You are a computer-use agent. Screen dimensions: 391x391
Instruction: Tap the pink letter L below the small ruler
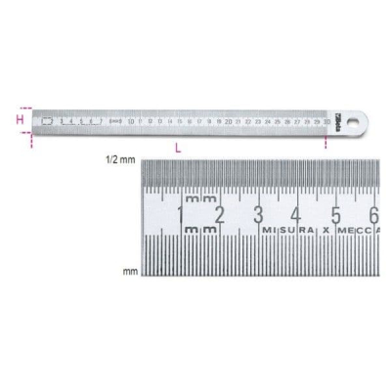(176, 148)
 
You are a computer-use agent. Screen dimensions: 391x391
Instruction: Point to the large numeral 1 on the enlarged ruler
(180, 214)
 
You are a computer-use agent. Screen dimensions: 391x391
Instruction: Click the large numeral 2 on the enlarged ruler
(219, 214)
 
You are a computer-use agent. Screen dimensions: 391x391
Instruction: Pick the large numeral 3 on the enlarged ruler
(257, 214)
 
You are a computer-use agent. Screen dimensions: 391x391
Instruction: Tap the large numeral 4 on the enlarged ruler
(296, 214)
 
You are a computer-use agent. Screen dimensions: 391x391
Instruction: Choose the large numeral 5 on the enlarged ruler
(335, 214)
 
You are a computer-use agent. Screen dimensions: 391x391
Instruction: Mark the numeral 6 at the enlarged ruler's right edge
(373, 214)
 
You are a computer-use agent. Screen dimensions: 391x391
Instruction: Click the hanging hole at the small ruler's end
(364, 122)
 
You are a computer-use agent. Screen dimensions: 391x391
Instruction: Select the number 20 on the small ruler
(228, 123)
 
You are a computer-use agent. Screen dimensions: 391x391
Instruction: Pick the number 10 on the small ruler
(130, 123)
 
